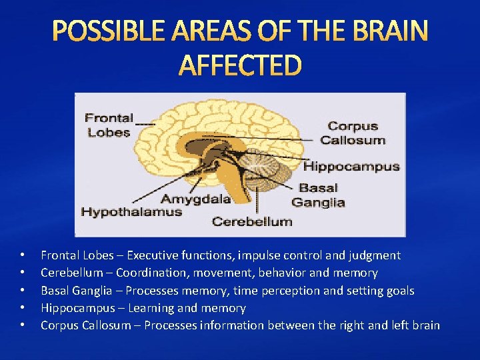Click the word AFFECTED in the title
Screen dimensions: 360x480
click(x=241, y=65)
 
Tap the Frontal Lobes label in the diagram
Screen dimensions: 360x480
click(x=109, y=125)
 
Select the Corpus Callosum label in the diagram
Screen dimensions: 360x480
click(x=353, y=133)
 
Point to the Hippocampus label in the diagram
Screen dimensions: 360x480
click(x=351, y=166)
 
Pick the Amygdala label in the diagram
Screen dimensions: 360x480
click(x=196, y=199)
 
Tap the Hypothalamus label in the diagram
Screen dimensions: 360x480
click(x=131, y=212)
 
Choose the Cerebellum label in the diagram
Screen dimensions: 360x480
click(x=251, y=221)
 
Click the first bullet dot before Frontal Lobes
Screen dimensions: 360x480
click(x=23, y=255)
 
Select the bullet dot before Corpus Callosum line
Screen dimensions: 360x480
click(x=23, y=325)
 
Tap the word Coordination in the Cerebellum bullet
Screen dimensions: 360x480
click(x=148, y=273)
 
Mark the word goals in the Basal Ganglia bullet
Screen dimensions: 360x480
click(x=399, y=291)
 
